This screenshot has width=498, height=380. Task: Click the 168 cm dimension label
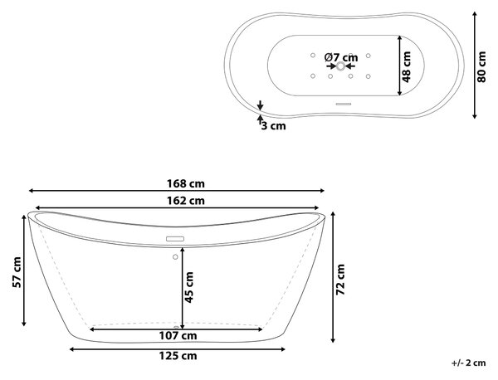click(186, 183)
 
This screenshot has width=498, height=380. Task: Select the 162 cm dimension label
click(186, 201)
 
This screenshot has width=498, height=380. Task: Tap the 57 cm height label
click(17, 272)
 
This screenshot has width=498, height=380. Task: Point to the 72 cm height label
click(340, 280)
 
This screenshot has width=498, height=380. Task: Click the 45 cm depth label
click(189, 287)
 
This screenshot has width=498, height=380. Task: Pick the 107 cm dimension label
click(178, 335)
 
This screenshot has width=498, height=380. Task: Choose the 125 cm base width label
click(178, 356)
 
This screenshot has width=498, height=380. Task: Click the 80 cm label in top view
click(481, 67)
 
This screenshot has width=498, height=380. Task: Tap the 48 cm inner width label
click(406, 67)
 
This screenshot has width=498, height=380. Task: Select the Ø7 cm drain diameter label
click(341, 57)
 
